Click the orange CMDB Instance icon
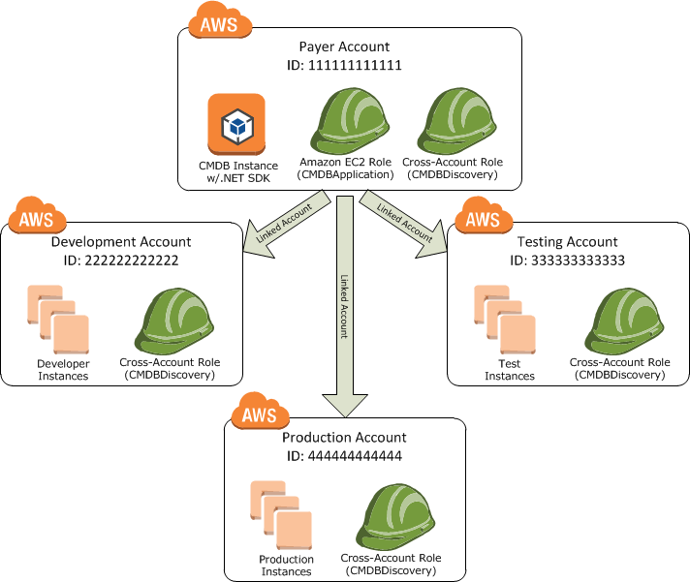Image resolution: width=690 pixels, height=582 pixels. (x=236, y=124)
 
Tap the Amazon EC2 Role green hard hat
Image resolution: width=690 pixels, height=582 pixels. (x=350, y=120)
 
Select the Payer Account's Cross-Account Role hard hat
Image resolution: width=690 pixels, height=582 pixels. (x=456, y=120)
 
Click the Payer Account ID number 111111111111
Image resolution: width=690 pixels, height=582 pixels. (x=355, y=66)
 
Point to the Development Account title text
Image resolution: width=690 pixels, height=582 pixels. (x=121, y=242)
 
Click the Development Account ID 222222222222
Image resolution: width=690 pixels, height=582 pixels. (x=132, y=260)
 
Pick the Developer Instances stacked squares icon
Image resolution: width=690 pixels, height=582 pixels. (x=58, y=320)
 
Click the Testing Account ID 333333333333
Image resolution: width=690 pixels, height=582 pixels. (x=578, y=260)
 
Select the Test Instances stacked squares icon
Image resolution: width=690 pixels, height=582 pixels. (x=505, y=320)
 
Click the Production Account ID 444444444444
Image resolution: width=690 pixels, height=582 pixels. (x=355, y=456)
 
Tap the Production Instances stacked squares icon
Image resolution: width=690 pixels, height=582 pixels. (x=281, y=515)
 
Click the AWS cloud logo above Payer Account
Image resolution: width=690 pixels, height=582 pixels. (x=220, y=20)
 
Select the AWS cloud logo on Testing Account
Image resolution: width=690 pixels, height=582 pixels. (x=484, y=215)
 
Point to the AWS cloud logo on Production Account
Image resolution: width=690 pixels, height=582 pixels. (x=260, y=411)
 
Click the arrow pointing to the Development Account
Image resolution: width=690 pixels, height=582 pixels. (x=287, y=225)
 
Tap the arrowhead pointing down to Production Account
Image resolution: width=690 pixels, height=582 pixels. (x=345, y=406)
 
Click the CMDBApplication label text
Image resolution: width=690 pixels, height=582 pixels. (x=345, y=174)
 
